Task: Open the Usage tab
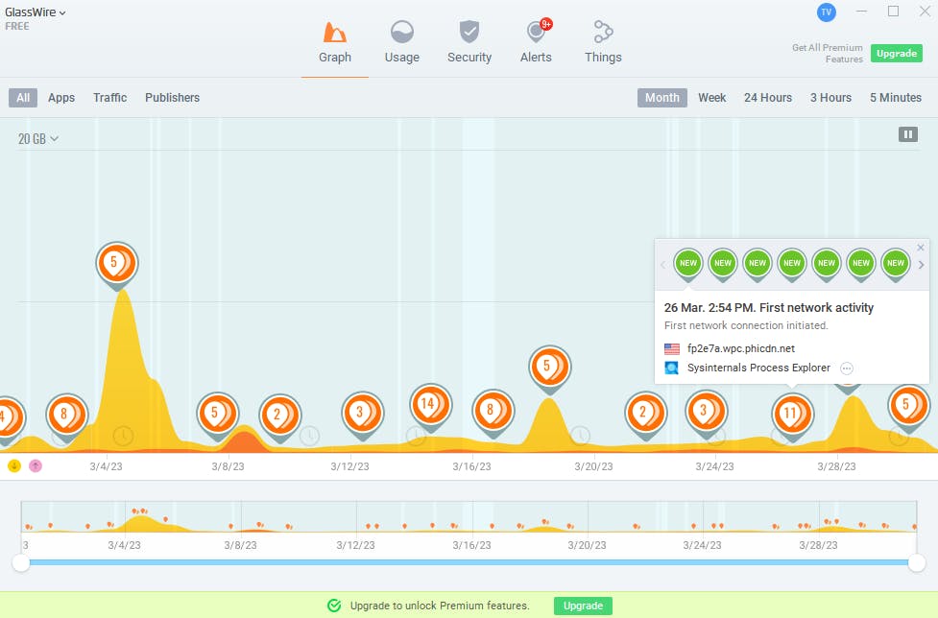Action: click(x=401, y=42)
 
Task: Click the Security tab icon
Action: click(x=469, y=32)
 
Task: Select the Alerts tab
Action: click(x=536, y=42)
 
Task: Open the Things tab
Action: click(x=603, y=42)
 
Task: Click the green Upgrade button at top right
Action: click(x=897, y=54)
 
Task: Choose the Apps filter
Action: click(x=61, y=98)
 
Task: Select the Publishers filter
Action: click(x=172, y=98)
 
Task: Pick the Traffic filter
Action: click(x=110, y=98)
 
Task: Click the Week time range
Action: click(x=711, y=98)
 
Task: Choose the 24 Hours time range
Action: click(x=768, y=98)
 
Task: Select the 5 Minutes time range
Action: click(x=895, y=98)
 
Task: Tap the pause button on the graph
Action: click(x=907, y=134)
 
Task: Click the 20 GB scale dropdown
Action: click(x=38, y=139)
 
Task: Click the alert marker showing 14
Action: click(x=428, y=404)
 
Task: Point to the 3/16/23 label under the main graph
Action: click(x=471, y=466)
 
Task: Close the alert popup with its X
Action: click(x=922, y=248)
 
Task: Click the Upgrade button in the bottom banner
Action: click(x=583, y=606)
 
